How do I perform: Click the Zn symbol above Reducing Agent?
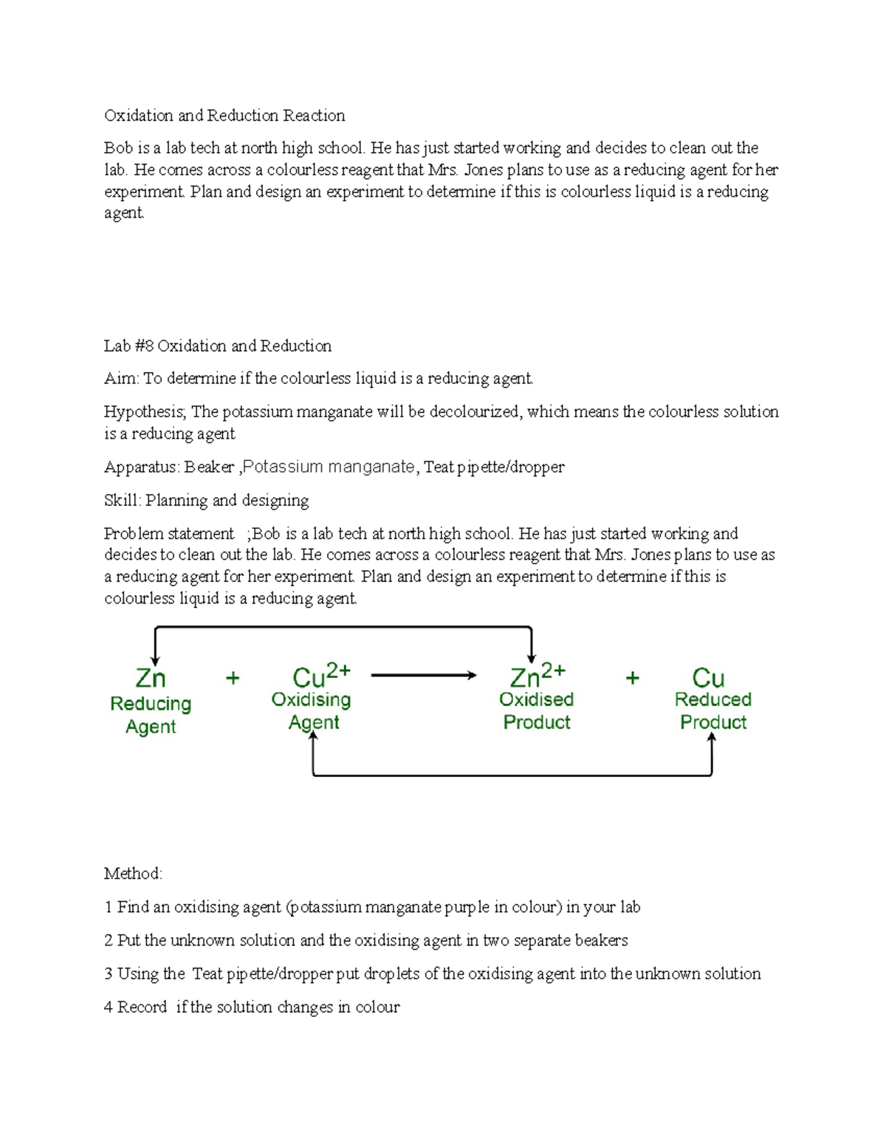151,678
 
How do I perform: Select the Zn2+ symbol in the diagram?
538,675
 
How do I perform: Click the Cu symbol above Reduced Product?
708,678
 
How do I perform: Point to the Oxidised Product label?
537,711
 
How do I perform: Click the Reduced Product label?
712,711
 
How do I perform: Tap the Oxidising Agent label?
312,711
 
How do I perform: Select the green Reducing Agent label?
151,715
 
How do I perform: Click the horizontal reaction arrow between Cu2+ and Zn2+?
424,675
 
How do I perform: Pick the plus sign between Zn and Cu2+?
233,678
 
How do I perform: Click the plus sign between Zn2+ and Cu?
633,678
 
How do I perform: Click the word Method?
132,874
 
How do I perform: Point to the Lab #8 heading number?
144,346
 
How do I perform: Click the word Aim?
120,379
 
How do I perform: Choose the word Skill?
122,501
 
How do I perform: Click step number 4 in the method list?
109,1007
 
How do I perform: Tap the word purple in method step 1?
467,908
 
